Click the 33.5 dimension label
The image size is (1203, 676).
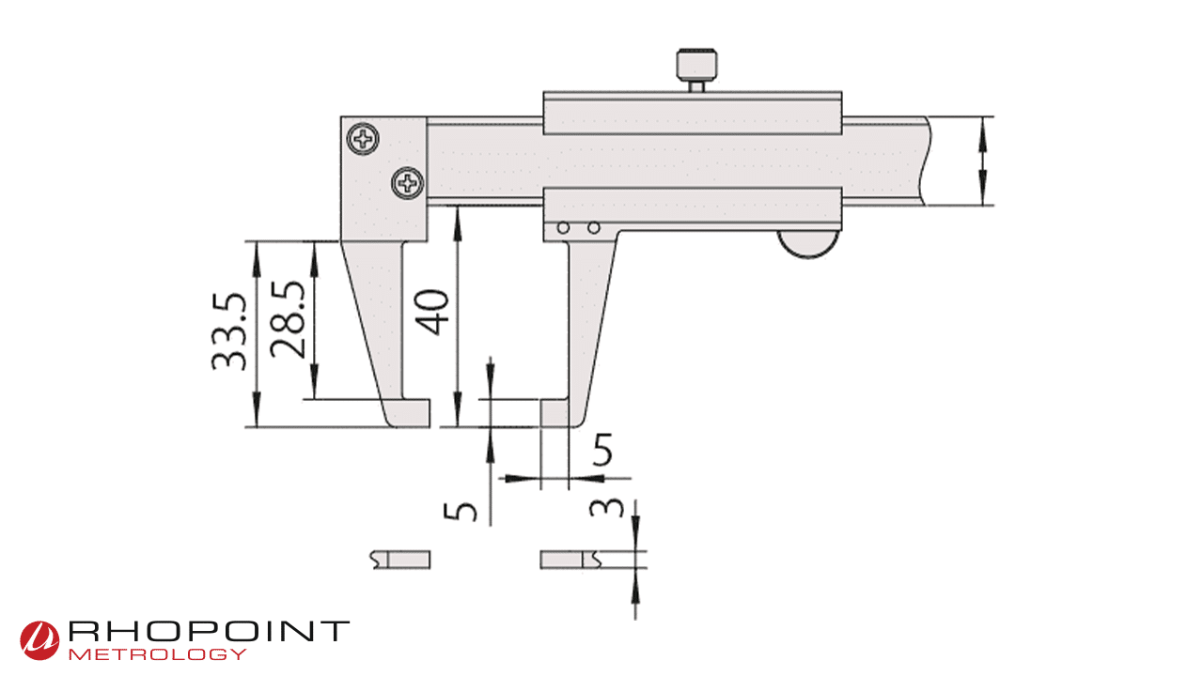228,332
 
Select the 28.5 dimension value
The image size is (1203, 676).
287,319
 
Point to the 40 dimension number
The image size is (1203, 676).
432,313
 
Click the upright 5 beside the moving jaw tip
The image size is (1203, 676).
602,452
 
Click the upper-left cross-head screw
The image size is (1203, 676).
363,140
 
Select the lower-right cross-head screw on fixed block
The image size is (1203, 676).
408,182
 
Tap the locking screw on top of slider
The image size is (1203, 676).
698,69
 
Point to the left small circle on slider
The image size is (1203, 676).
563,228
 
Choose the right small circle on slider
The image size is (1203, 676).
593,228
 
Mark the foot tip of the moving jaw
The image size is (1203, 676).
555,413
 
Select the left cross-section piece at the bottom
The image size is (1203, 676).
401,560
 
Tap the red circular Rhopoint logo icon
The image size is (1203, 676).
40,639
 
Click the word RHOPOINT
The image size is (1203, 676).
209,632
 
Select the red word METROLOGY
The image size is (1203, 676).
159,653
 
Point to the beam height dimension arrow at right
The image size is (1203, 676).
983,161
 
